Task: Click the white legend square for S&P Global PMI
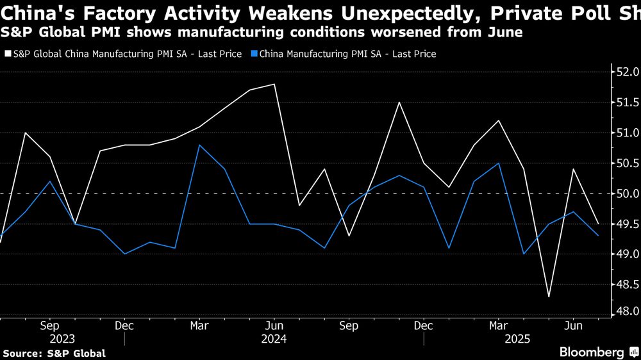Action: click(8, 54)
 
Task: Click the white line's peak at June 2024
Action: click(274, 84)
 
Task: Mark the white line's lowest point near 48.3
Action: click(549, 297)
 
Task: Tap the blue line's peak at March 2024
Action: click(199, 145)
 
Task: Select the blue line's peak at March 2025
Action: click(499, 163)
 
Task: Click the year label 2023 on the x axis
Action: click(62, 339)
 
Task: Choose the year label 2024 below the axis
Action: click(274, 339)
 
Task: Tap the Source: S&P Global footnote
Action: click(54, 353)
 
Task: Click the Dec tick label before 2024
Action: click(124, 326)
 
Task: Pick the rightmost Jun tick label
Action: click(573, 326)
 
